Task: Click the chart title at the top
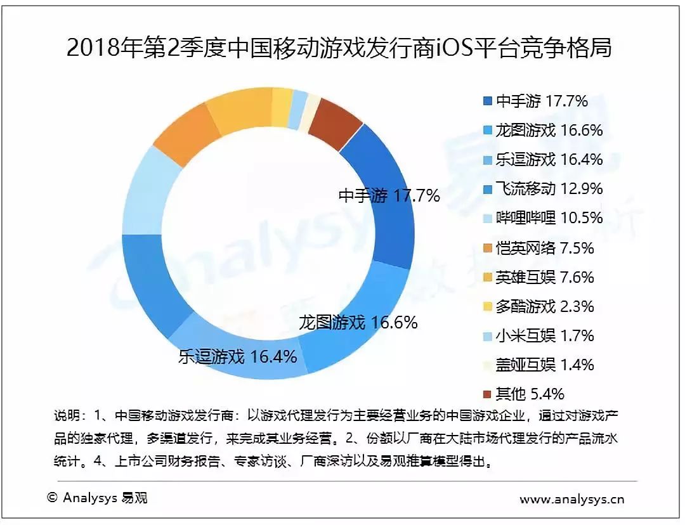click(339, 47)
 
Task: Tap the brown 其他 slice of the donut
click(336, 117)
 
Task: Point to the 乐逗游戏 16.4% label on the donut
click(238, 357)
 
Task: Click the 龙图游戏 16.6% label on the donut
click(358, 323)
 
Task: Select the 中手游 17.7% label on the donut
click(389, 196)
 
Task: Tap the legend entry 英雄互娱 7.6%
click(538, 277)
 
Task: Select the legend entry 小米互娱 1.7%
click(538, 335)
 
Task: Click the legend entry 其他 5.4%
click(524, 394)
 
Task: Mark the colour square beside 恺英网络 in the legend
click(488, 249)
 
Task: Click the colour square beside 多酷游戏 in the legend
click(488, 307)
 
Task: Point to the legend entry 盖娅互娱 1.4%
click(538, 365)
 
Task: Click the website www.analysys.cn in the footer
click(572, 499)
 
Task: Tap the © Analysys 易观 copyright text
click(98, 498)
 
